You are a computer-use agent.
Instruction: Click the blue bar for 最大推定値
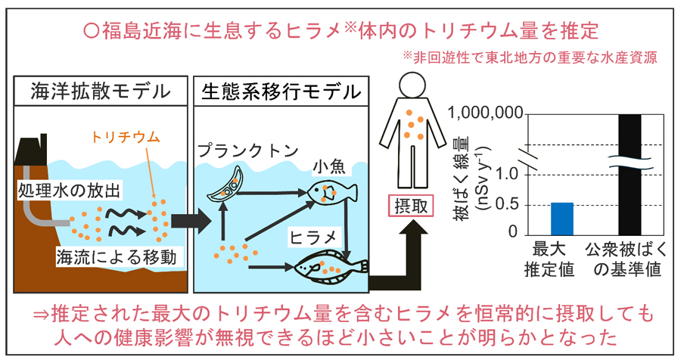tap(561, 219)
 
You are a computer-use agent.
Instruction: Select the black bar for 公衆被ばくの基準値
tap(630, 174)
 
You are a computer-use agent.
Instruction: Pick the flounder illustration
tap(329, 265)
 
